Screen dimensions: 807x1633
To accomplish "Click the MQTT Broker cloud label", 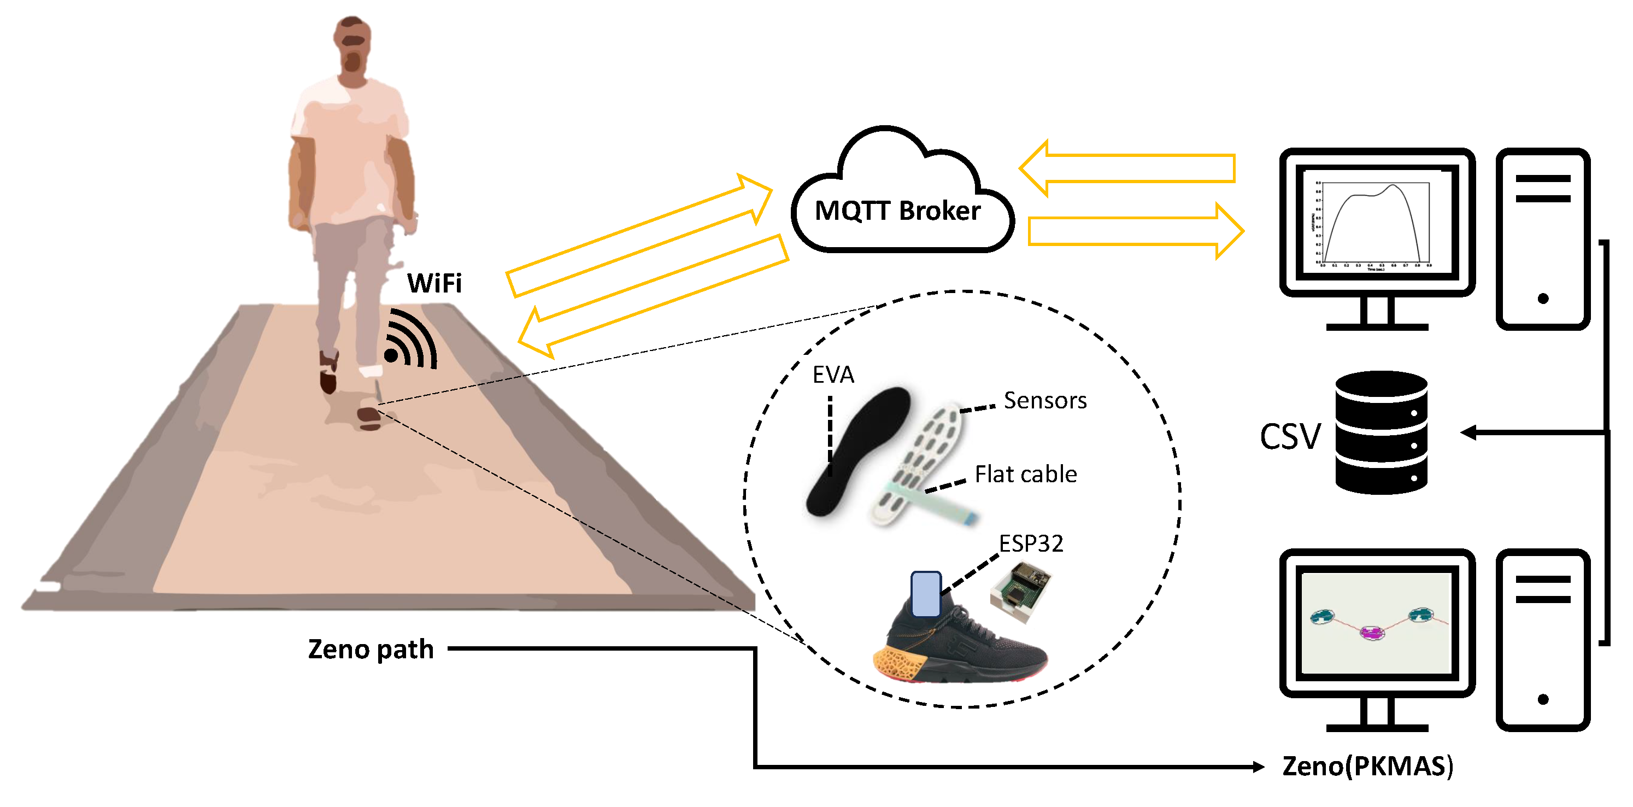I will tap(897, 210).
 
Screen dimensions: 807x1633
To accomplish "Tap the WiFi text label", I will tap(434, 284).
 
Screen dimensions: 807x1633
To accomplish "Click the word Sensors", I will tap(1045, 401).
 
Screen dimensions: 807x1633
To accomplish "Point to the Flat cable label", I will tap(1025, 475).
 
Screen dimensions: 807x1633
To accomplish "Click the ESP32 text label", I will tap(1031, 543).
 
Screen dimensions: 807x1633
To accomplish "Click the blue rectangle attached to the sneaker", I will tap(926, 594).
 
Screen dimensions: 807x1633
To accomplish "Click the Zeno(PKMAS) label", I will tap(1367, 767).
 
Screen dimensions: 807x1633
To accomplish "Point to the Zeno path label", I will tap(371, 650).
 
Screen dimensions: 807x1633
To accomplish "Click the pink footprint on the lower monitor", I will tap(1372, 633).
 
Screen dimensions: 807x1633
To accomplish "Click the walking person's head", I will tap(353, 48).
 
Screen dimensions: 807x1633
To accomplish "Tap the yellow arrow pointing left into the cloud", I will tap(1129, 168).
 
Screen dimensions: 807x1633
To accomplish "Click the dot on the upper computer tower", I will tap(1543, 298).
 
